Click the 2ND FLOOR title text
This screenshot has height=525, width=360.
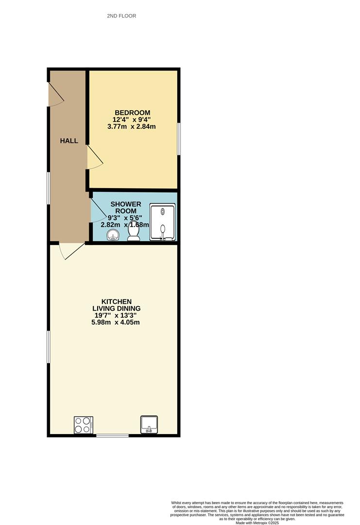[x=121, y=16]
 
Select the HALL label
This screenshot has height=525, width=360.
[x=69, y=141]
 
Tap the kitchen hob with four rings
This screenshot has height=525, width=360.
[x=83, y=425]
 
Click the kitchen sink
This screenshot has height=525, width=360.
[x=150, y=424]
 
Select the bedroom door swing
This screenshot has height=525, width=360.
[x=94, y=157]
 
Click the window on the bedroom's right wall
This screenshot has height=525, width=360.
[x=178, y=139]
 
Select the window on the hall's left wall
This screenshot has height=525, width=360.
[x=48, y=188]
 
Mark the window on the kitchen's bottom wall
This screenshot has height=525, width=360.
[x=112, y=435]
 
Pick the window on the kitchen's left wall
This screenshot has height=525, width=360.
[x=48, y=347]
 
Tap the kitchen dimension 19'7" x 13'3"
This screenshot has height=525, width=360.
[x=116, y=315]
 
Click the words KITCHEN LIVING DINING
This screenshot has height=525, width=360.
[x=117, y=305]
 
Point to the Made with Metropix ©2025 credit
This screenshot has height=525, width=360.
[x=257, y=523]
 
